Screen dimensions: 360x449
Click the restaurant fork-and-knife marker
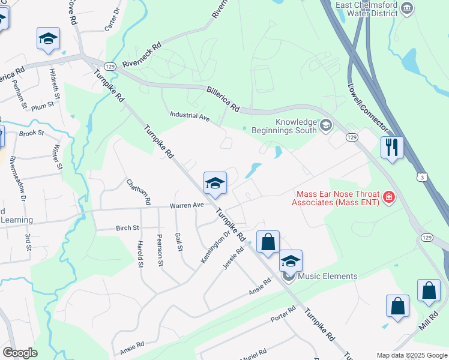click(x=392, y=147)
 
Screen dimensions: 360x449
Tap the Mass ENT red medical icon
click(x=389, y=197)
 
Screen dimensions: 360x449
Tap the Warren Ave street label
click(x=187, y=205)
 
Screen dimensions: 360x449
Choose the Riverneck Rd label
click(x=142, y=54)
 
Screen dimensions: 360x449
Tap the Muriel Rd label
click(x=254, y=352)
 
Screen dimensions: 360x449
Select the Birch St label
click(x=127, y=228)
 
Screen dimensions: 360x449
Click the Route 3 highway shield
click(x=424, y=178)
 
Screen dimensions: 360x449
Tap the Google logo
click(x=20, y=353)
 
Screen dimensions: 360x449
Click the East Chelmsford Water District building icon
click(x=408, y=8)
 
